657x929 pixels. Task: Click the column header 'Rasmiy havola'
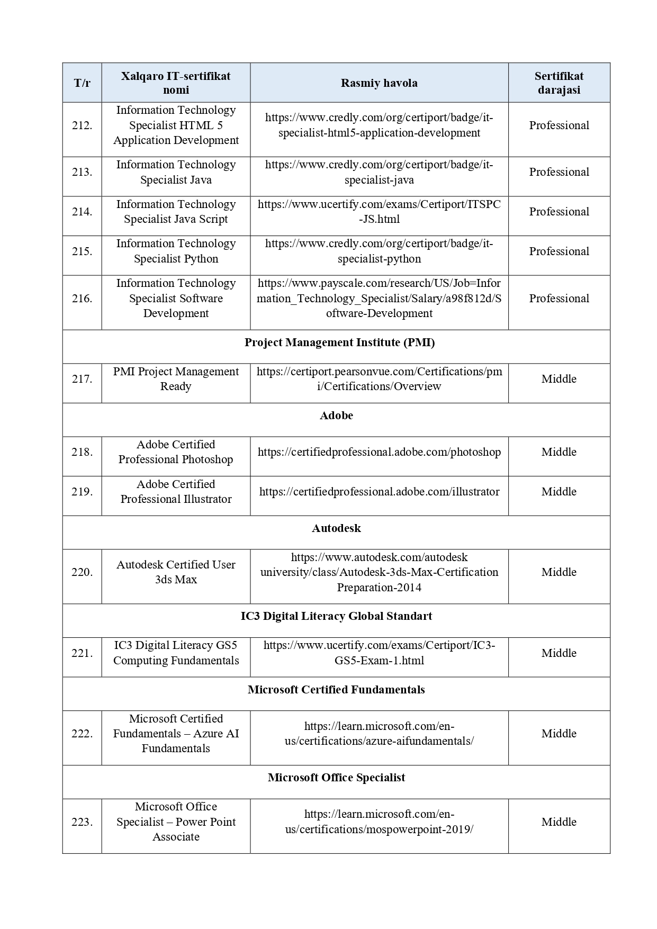[x=379, y=83]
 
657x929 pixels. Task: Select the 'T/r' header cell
[x=82, y=83]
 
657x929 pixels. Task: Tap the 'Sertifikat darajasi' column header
[x=559, y=83]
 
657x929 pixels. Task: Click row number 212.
[x=82, y=125]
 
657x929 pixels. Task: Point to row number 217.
[x=82, y=379]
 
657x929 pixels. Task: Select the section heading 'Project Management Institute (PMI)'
[x=339, y=342]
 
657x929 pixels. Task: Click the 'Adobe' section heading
[x=336, y=416]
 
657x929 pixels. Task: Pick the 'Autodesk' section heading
[x=336, y=528]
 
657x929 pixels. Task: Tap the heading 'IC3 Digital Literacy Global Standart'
[x=336, y=616]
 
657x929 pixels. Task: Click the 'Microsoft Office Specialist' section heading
[x=336, y=778]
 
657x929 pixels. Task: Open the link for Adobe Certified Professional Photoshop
[x=379, y=452]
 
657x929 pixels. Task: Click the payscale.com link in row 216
[x=379, y=299]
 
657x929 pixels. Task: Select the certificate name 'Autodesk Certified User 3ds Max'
[x=176, y=572]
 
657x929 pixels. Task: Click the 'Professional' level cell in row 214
[x=559, y=212]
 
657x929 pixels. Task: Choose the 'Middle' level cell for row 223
[x=559, y=822]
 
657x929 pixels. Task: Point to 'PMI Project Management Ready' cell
[x=176, y=379]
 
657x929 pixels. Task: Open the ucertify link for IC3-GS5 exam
[x=379, y=653]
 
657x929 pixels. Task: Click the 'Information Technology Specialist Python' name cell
[x=176, y=251]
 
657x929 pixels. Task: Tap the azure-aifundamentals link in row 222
[x=379, y=734]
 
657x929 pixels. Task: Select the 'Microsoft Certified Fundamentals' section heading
[x=336, y=690]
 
